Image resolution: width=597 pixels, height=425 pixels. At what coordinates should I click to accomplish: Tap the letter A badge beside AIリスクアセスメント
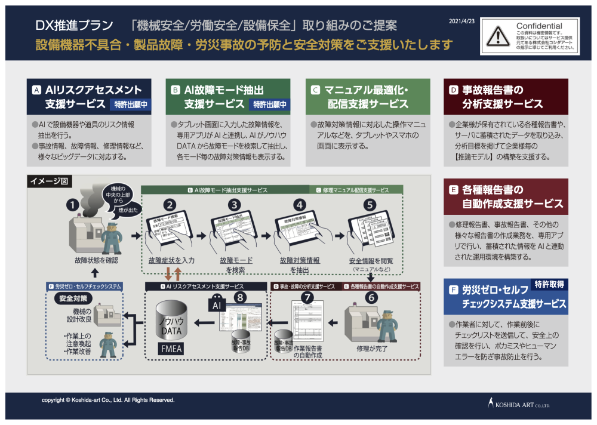36,90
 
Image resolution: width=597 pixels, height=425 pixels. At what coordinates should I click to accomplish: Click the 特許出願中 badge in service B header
270,104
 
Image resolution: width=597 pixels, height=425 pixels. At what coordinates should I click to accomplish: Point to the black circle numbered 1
73,205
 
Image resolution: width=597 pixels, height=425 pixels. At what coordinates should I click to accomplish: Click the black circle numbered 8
240,297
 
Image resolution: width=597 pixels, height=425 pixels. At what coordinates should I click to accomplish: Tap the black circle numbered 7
307,297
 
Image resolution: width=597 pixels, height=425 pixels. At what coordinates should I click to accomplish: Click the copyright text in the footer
108,400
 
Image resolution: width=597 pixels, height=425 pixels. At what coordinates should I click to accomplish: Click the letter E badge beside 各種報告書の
453,190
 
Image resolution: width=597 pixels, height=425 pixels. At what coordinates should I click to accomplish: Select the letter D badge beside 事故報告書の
453,90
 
